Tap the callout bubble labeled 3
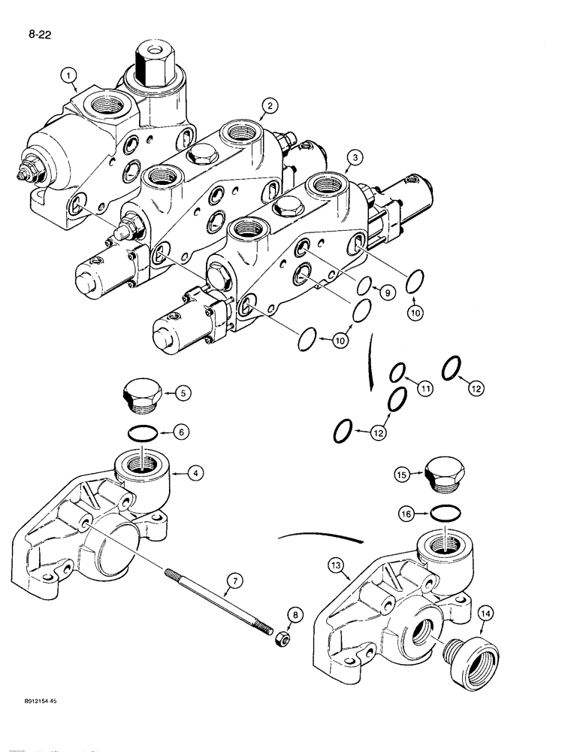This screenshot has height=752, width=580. pyautogui.click(x=353, y=157)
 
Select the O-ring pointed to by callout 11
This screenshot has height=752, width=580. pyautogui.click(x=399, y=373)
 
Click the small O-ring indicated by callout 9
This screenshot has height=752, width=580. pyautogui.click(x=364, y=287)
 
